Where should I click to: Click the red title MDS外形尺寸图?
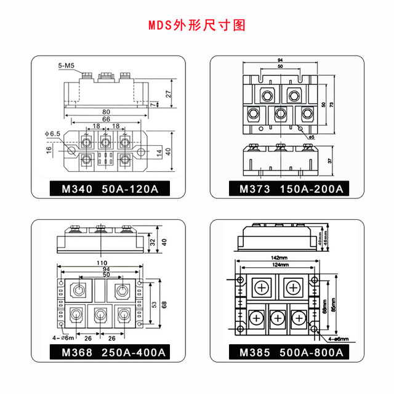point(196,25)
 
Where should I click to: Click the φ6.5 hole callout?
point(52,133)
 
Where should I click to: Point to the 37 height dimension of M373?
point(331,160)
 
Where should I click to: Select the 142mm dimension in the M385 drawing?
point(279,257)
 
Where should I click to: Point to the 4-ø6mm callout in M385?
point(332,338)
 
